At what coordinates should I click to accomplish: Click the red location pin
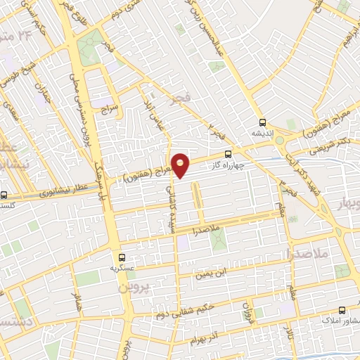[181, 165]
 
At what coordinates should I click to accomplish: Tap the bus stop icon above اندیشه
[262, 121]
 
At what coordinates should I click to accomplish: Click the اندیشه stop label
[262, 132]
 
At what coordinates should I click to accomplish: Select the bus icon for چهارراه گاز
[227, 154]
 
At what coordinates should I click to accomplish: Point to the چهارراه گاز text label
[227, 165]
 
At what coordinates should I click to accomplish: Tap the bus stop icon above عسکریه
[122, 257]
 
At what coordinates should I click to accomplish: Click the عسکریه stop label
[122, 269]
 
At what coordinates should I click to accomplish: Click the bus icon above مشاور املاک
[342, 310]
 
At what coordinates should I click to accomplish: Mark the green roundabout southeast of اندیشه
[280, 140]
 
